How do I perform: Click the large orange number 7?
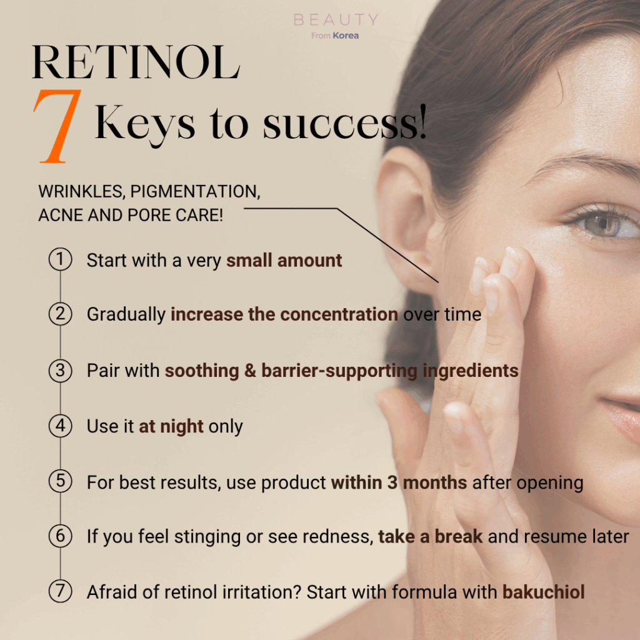pyautogui.click(x=56, y=126)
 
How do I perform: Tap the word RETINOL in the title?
pyautogui.click(x=136, y=62)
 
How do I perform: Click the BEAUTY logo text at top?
pyautogui.click(x=336, y=19)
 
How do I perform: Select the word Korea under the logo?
pyautogui.click(x=346, y=36)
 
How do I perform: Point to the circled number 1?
pyautogui.click(x=61, y=259)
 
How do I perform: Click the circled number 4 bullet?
pyautogui.click(x=61, y=426)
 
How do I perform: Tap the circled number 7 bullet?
pyautogui.click(x=61, y=591)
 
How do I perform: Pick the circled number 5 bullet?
pyautogui.click(x=61, y=481)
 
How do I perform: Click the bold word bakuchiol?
pyautogui.click(x=543, y=592)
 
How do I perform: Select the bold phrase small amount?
pyautogui.click(x=284, y=261)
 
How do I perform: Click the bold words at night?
pyautogui.click(x=171, y=426)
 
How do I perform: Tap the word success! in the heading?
pyautogui.click(x=345, y=123)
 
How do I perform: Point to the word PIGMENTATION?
pyautogui.click(x=195, y=191)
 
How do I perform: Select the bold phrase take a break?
pyautogui.click(x=430, y=537)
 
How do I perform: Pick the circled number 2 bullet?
pyautogui.click(x=61, y=314)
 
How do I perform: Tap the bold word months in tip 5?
pyautogui.click(x=435, y=482)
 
